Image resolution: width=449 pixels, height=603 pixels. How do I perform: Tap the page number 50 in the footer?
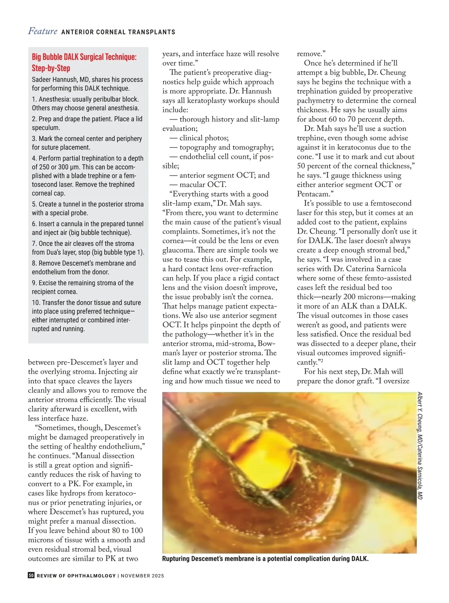(31, 575)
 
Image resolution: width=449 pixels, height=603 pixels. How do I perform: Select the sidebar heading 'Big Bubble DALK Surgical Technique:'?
(84, 57)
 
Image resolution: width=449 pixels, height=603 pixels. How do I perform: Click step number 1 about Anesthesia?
(34, 99)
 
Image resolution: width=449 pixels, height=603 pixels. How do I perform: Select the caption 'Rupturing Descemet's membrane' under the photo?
(265, 559)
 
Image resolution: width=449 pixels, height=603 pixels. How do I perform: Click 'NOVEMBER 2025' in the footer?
(142, 576)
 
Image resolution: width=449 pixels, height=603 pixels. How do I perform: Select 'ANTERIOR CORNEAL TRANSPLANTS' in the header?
(118, 32)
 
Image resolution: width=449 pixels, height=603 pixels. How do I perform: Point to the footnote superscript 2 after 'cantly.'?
(322, 361)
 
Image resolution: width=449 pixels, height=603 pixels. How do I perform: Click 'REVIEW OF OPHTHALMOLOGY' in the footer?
(76, 576)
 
